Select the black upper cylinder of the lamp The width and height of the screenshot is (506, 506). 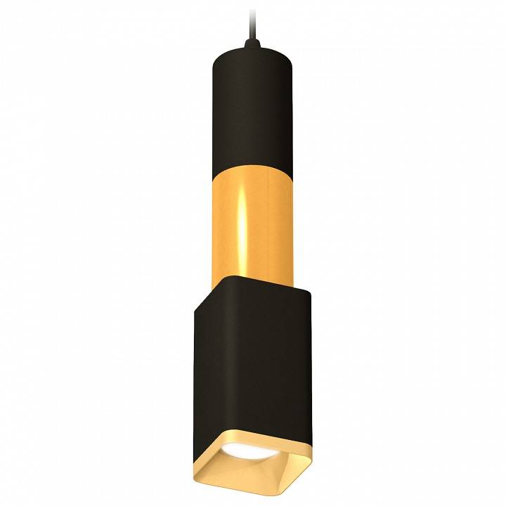point(252,105)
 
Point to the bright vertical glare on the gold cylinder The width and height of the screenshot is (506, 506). point(242,225)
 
